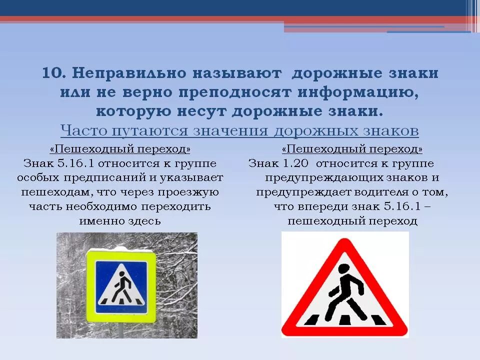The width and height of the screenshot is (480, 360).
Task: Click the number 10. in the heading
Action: pos(53,73)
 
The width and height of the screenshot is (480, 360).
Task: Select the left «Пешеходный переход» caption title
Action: pos(120,149)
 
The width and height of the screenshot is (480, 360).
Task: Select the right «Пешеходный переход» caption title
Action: pos(352,149)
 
